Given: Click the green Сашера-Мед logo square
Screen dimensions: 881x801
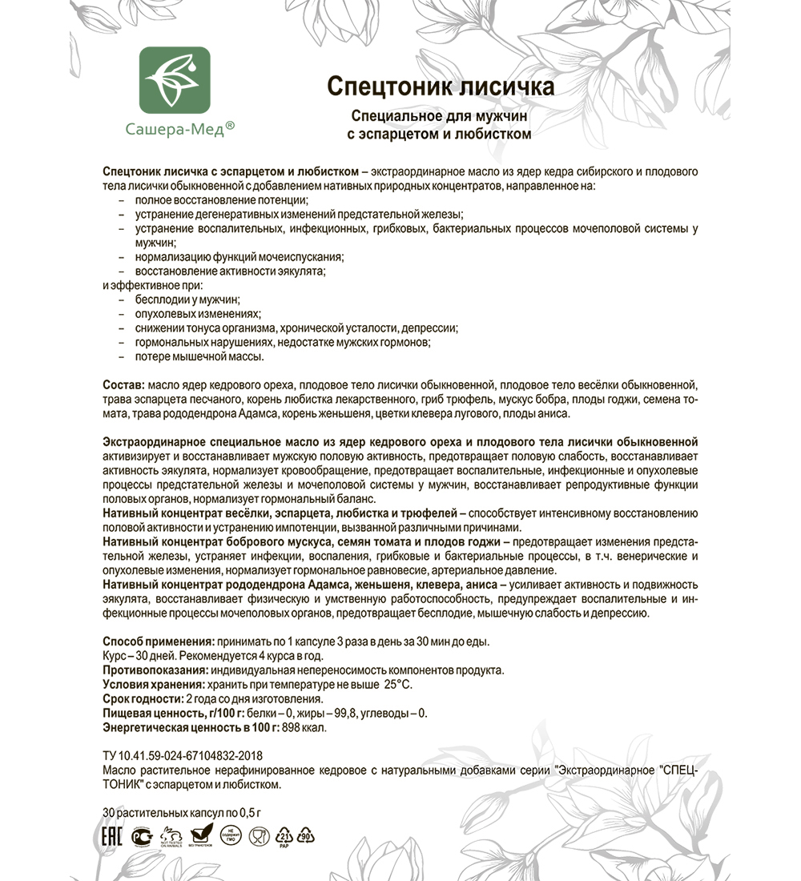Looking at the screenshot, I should pos(175,80).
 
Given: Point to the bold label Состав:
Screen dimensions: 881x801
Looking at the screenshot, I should pos(124,385).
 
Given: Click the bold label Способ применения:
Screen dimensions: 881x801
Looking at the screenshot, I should pos(158,643).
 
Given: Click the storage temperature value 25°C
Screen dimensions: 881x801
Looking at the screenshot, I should pos(398,685).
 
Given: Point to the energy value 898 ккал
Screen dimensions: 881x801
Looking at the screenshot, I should pos(304,727).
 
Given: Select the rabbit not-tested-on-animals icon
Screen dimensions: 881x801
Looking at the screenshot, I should pos(171,836).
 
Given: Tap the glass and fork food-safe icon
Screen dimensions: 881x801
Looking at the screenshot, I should pos(258,836).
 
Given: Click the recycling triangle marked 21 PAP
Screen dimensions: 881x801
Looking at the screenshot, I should pos(284,836).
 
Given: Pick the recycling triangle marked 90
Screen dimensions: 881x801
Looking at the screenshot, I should pos(306,836).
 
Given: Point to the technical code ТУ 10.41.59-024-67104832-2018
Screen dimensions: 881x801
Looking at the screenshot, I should pos(183,755).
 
